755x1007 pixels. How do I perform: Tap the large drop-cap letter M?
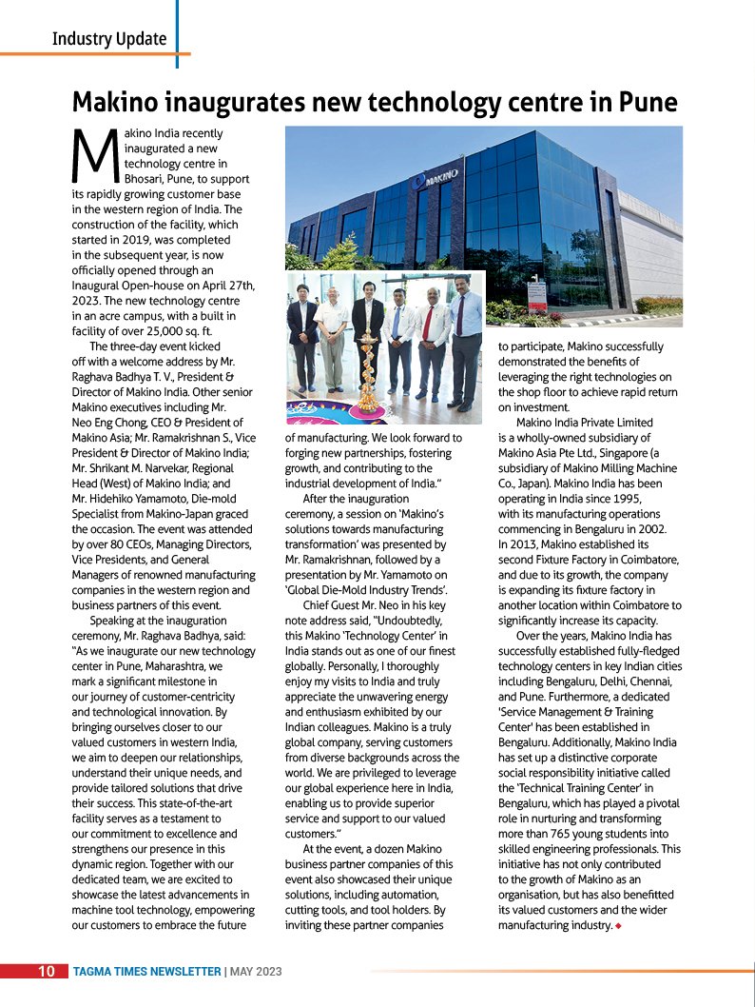(x=94, y=156)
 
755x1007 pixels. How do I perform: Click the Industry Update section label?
(x=109, y=39)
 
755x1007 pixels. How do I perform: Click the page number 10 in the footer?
(x=47, y=971)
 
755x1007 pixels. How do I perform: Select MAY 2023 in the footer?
(x=256, y=971)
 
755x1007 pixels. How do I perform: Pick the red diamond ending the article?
(x=618, y=925)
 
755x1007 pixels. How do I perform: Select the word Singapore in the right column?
(x=606, y=453)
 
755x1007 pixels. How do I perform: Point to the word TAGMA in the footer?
(x=98, y=971)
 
